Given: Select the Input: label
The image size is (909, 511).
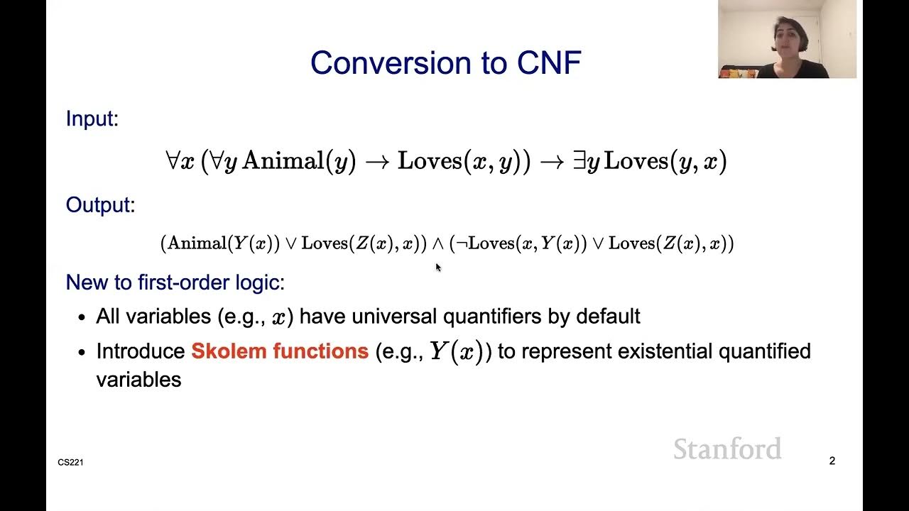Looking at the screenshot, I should (x=92, y=119).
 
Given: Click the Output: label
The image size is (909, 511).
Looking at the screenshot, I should (x=99, y=205).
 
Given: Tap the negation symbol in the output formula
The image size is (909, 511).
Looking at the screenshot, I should (x=460, y=243).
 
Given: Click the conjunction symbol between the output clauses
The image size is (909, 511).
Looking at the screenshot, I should (x=438, y=243).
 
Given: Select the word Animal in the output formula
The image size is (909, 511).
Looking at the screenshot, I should (x=197, y=243).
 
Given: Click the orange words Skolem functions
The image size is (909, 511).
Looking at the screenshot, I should (x=280, y=351).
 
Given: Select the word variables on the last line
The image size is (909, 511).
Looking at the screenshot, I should (x=138, y=380).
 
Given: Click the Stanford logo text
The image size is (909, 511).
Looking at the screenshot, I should (x=726, y=449).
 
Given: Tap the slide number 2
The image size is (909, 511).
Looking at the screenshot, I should (x=832, y=461).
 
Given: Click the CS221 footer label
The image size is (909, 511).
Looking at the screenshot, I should (x=70, y=463).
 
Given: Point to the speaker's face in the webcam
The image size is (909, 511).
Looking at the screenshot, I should (x=790, y=32).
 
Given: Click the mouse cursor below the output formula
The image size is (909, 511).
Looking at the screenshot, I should (x=438, y=267).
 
